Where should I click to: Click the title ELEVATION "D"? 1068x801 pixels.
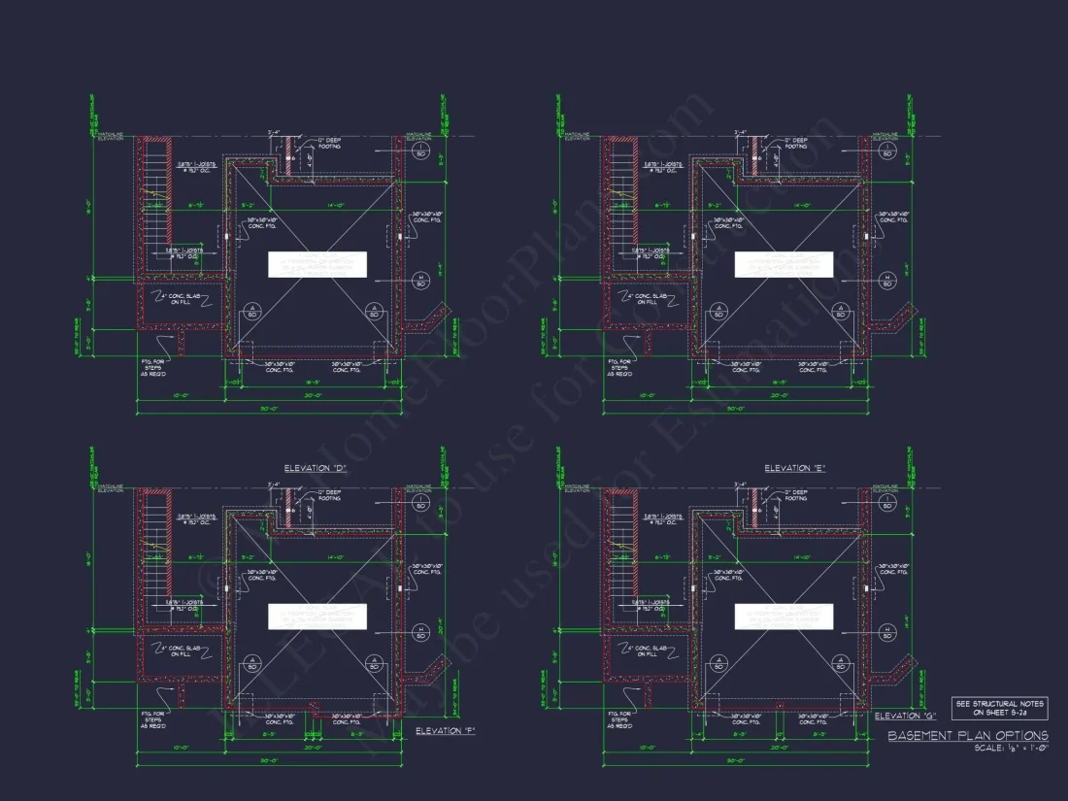(x=316, y=469)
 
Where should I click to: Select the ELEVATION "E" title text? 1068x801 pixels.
(x=787, y=469)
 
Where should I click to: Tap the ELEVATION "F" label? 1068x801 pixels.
(x=445, y=730)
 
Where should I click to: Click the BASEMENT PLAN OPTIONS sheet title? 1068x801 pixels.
(x=968, y=736)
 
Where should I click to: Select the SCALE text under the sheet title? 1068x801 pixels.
(x=1011, y=749)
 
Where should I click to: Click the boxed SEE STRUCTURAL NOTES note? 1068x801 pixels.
(x=999, y=707)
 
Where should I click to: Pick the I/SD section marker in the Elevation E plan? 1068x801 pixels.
(x=886, y=152)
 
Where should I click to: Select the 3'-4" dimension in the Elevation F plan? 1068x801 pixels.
(x=275, y=484)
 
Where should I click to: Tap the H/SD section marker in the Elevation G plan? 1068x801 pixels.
(x=886, y=632)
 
